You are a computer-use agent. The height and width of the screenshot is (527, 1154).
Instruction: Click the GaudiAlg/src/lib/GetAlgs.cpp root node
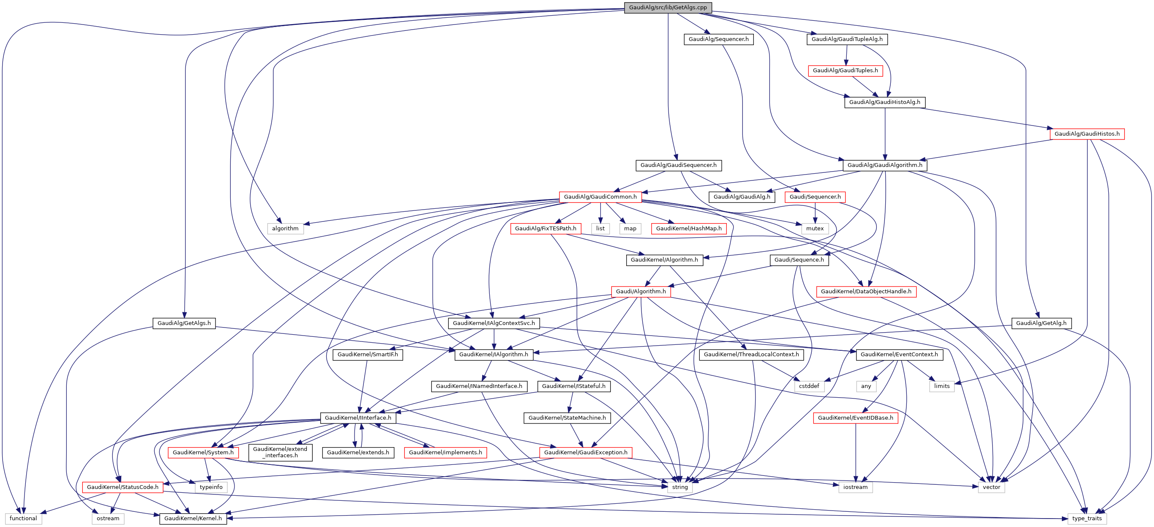[x=668, y=8]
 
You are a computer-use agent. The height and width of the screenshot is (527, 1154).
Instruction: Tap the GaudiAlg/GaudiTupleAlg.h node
[x=847, y=39]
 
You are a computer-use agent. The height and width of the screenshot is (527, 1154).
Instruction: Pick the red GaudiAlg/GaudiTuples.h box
[x=845, y=71]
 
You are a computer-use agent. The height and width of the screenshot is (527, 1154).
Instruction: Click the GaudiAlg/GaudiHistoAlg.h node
[x=884, y=102]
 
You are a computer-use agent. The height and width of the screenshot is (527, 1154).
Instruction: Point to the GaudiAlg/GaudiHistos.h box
[x=1086, y=134]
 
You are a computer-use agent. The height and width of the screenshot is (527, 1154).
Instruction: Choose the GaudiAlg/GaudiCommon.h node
[x=600, y=197]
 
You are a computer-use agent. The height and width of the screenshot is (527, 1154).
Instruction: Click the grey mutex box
[x=814, y=229]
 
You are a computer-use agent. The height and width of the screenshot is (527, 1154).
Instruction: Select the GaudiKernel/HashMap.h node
[x=688, y=229]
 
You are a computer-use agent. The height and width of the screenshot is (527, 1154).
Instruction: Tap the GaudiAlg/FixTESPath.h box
[x=545, y=229]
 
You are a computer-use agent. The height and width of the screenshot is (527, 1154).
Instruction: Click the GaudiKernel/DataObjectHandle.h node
[x=865, y=292]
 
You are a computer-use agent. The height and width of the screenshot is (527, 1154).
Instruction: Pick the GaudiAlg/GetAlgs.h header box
[x=184, y=323]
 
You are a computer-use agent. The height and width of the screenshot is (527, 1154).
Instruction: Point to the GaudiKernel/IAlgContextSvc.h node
[x=494, y=323]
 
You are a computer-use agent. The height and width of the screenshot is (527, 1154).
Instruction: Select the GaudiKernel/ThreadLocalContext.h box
[x=751, y=355]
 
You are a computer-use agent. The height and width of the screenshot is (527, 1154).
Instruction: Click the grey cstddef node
[x=809, y=386]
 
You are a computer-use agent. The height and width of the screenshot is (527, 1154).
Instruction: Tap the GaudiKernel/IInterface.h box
[x=357, y=418]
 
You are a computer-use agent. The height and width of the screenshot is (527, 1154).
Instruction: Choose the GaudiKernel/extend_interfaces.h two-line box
[x=280, y=452]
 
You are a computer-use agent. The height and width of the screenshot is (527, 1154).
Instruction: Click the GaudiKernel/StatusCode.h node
[x=122, y=487]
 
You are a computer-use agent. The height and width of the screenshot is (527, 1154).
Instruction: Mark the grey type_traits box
[x=1086, y=519]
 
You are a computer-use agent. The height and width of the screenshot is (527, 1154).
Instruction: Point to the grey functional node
[x=23, y=519]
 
